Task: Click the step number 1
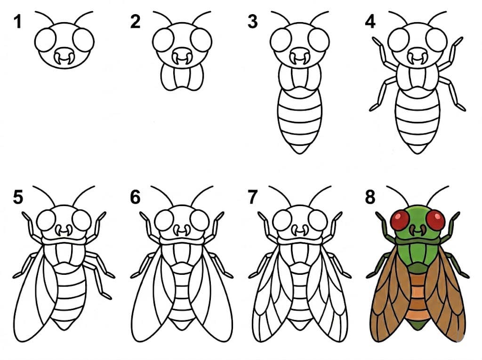tap(18, 22)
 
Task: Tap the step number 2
tap(136, 22)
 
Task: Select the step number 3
tap(253, 22)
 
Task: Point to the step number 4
tap(370, 22)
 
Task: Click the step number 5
tap(18, 198)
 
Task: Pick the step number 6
tap(136, 198)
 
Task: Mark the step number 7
tap(253, 198)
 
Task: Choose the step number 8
tap(370, 198)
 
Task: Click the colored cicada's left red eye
tap(400, 220)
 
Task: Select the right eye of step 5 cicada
tap(81, 220)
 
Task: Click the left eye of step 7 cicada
tap(282, 220)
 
